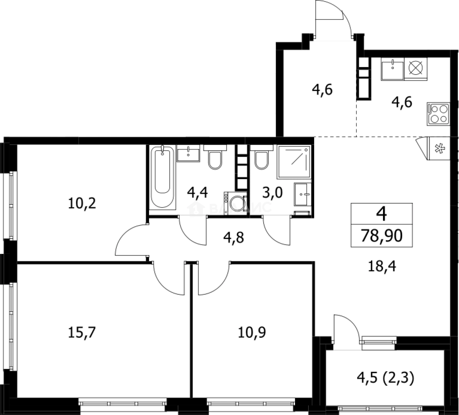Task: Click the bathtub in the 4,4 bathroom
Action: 162,177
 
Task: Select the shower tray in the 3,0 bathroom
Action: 294,162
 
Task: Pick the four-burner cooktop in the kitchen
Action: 438,113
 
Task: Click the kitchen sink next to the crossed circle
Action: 392,70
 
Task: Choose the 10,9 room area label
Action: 252,331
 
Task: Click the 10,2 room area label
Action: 82,203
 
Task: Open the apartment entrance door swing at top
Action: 332,19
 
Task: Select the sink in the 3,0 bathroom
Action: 302,195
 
